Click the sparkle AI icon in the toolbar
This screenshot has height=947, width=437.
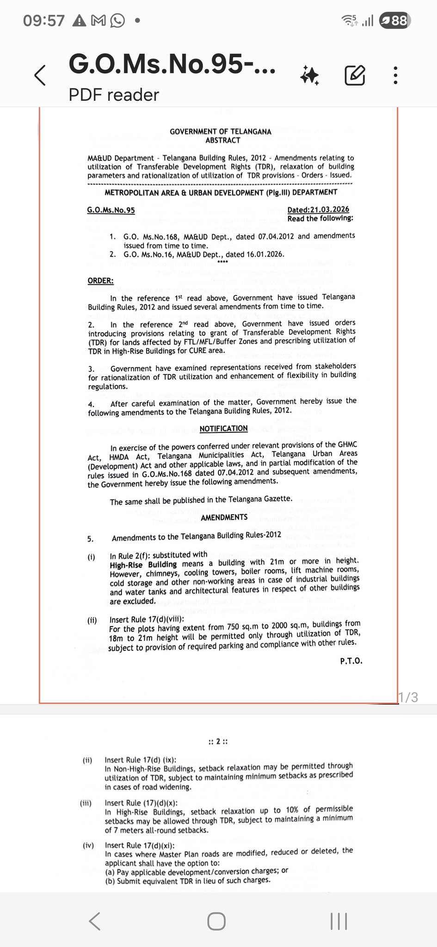point(309,75)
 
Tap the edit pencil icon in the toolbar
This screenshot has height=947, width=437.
point(355,75)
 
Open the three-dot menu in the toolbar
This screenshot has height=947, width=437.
point(395,75)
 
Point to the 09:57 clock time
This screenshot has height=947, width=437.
point(44,21)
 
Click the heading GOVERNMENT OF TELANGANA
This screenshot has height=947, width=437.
point(221,131)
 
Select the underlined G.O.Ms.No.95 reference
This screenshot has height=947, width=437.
point(111,210)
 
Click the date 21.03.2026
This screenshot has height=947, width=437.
point(318,209)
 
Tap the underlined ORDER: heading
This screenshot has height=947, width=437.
point(100,281)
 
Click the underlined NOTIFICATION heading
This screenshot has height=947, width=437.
point(224,429)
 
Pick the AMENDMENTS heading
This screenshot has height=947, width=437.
point(224,517)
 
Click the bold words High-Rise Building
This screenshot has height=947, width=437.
point(143,565)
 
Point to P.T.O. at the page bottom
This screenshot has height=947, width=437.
point(351,661)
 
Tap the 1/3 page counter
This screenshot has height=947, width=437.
point(408,697)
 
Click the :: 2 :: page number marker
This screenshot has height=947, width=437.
point(218,742)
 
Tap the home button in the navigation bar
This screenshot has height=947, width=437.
point(216,921)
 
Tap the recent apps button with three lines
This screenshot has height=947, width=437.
point(339,921)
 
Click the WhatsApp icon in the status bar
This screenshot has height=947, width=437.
point(117,21)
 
